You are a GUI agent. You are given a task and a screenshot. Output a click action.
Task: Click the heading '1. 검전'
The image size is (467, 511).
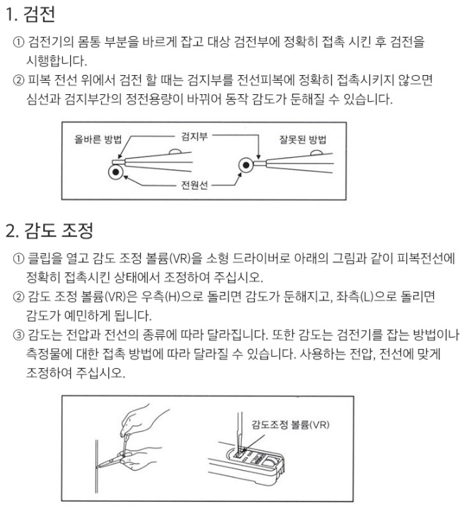(30, 14)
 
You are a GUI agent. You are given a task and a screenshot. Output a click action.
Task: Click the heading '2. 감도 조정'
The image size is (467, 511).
(50, 231)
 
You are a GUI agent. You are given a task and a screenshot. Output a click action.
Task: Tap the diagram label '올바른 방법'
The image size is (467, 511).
(98, 139)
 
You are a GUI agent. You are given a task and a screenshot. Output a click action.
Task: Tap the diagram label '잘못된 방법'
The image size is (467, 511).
(302, 139)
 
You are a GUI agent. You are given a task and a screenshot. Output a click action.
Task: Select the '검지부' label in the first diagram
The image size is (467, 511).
(195, 136)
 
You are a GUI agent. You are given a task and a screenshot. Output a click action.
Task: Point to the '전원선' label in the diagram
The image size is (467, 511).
(195, 185)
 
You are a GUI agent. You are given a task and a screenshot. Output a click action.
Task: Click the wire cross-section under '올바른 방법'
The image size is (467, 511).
(116, 172)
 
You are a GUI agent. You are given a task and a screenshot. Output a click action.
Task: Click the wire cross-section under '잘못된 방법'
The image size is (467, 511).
(246, 165)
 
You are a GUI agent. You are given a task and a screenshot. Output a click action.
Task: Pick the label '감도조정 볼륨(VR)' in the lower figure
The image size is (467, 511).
(290, 425)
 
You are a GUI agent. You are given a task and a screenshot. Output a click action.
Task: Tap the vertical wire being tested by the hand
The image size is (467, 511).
(96, 469)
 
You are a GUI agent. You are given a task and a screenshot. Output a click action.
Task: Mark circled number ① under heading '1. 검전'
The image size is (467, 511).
(18, 42)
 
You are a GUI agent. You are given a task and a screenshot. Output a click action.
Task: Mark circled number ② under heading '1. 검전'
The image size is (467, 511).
(18, 80)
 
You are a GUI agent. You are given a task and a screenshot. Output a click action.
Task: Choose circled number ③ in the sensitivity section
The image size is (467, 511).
(18, 335)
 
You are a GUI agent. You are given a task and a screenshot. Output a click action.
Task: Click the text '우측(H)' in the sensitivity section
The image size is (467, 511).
(161, 297)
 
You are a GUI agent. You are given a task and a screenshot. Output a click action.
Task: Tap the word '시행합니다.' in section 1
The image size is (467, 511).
(57, 61)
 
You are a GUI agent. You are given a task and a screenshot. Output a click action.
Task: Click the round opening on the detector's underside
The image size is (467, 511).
(270, 462)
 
